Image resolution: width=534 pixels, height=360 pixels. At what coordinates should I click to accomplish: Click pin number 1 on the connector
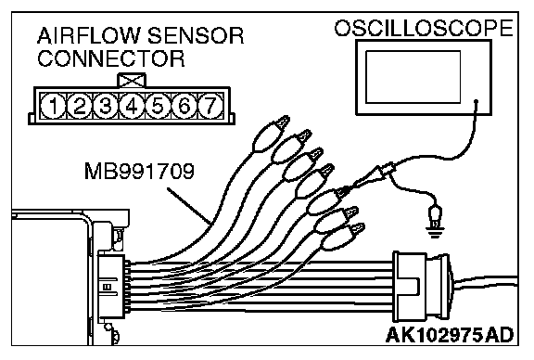(x=53, y=106)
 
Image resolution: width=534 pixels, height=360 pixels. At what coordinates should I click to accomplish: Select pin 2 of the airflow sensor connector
(x=80, y=106)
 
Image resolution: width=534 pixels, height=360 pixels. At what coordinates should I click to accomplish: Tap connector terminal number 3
(x=106, y=106)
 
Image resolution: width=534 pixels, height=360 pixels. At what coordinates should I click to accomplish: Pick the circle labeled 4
(x=132, y=106)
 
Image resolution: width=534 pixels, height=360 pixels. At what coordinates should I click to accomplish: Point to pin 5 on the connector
(x=158, y=106)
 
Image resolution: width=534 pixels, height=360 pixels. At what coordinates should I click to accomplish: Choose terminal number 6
(x=184, y=106)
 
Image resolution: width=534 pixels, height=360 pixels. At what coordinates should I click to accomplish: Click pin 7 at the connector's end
(x=210, y=106)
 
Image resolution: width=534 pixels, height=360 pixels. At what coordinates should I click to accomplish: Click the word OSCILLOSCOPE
(x=424, y=28)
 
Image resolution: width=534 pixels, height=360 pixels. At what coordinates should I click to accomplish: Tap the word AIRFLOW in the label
(x=89, y=36)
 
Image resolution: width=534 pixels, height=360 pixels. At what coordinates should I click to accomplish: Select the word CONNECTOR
(x=111, y=58)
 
